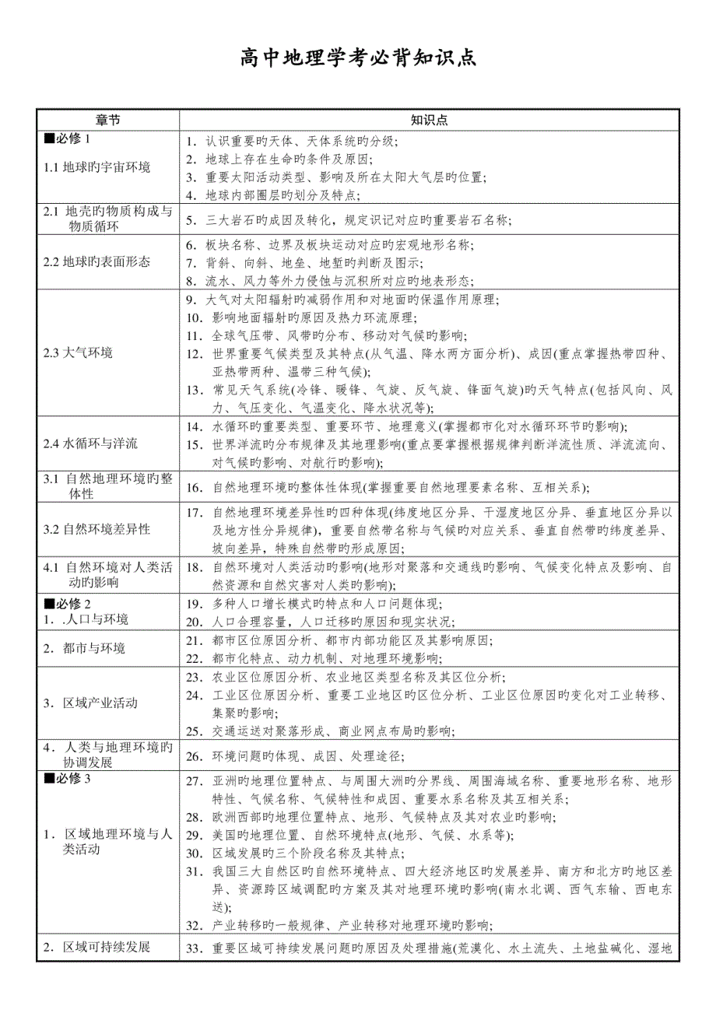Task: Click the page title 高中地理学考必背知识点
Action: tap(357, 58)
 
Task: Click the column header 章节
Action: tap(108, 120)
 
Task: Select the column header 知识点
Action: tap(429, 120)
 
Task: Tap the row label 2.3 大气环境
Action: tap(79, 352)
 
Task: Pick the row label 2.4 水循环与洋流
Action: tap(91, 444)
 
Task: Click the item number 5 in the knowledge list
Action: tap(193, 220)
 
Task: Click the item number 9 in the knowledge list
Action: tap(192, 300)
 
